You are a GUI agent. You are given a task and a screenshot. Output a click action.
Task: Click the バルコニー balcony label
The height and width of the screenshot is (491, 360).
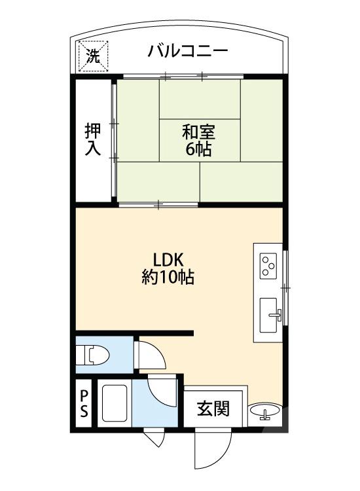(x=187, y=51)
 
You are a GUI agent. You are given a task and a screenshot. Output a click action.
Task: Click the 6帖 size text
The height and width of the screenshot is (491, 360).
(x=198, y=150)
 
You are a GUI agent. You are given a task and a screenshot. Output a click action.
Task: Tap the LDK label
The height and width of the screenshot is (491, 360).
(x=168, y=259)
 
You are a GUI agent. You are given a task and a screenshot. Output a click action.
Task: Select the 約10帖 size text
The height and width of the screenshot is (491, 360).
(x=168, y=277)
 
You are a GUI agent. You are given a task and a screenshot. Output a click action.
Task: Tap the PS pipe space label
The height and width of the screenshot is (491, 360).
(x=84, y=405)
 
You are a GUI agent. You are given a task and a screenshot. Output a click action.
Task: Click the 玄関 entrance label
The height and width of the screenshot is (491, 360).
(x=214, y=409)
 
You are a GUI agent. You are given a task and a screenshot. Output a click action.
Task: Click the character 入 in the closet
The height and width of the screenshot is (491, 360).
(x=93, y=149)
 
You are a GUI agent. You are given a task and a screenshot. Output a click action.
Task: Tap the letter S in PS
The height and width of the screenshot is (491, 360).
(x=84, y=413)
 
